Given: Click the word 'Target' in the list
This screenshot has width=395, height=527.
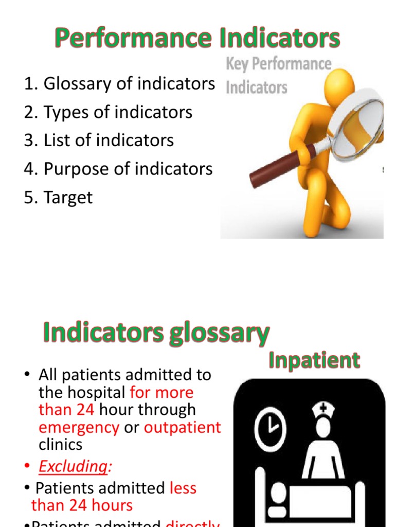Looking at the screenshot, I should click(68, 198).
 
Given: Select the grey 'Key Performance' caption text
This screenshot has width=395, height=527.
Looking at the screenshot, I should click(278, 64).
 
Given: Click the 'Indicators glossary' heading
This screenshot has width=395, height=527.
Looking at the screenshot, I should click(155, 333).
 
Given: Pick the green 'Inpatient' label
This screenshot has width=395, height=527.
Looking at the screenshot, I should click(314, 360).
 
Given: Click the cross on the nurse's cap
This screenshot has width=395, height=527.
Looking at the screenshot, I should click(324, 408).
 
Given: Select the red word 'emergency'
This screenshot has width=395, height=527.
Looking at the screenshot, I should click(79, 428).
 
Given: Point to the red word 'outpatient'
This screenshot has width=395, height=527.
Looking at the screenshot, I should click(183, 428).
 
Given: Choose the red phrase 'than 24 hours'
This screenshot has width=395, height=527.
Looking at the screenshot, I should click(82, 505).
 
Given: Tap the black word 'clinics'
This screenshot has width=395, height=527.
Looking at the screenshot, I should click(60, 444).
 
